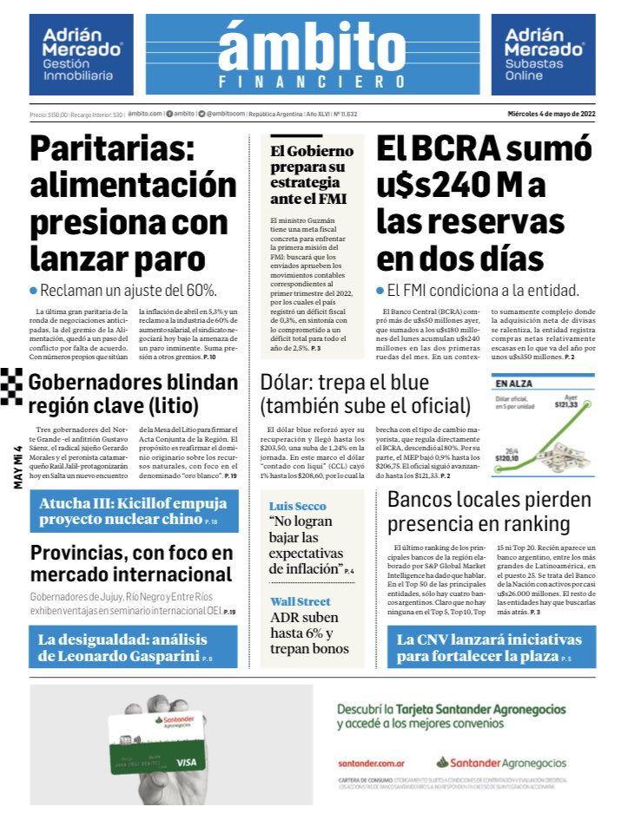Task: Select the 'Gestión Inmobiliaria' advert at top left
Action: (81, 55)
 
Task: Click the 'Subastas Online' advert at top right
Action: (543, 55)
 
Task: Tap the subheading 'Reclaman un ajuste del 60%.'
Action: (128, 291)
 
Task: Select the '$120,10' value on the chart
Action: (509, 458)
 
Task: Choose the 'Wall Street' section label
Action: (300, 601)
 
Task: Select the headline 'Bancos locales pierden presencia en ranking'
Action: (489, 512)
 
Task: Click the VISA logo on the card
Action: (186, 762)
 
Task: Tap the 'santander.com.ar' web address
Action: (373, 763)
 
